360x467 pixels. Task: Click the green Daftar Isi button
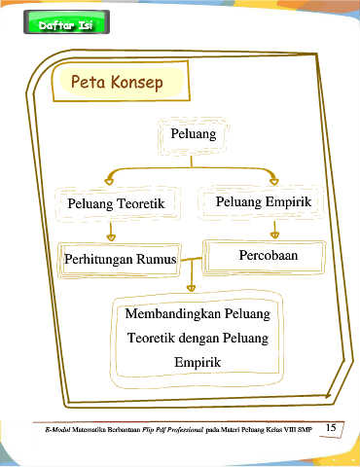pyautogui.click(x=66, y=22)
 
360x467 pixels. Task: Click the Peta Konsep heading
pyautogui.click(x=117, y=82)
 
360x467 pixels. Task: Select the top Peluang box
pyautogui.click(x=194, y=136)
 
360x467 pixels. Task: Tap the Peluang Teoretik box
pyautogui.click(x=118, y=203)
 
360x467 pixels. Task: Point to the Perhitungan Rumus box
pyautogui.click(x=120, y=260)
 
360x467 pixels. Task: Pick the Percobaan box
pyautogui.click(x=264, y=257)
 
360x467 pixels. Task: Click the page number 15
pyautogui.click(x=331, y=427)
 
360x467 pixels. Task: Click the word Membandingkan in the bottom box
pyautogui.click(x=173, y=313)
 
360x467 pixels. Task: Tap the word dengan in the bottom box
pyautogui.click(x=195, y=339)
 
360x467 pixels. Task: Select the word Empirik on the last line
pyautogui.click(x=198, y=363)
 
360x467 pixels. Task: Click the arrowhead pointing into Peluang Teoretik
pyautogui.click(x=109, y=181)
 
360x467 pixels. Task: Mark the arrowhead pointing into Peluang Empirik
pyautogui.click(x=274, y=181)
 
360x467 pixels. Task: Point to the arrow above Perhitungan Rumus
pyautogui.click(x=111, y=231)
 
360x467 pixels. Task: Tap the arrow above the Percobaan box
pyautogui.click(x=274, y=230)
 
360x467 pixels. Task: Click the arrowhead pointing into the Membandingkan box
pyautogui.click(x=192, y=288)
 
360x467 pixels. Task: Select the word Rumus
pyautogui.click(x=157, y=259)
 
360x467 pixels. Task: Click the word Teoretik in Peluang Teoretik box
pyautogui.click(x=140, y=203)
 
